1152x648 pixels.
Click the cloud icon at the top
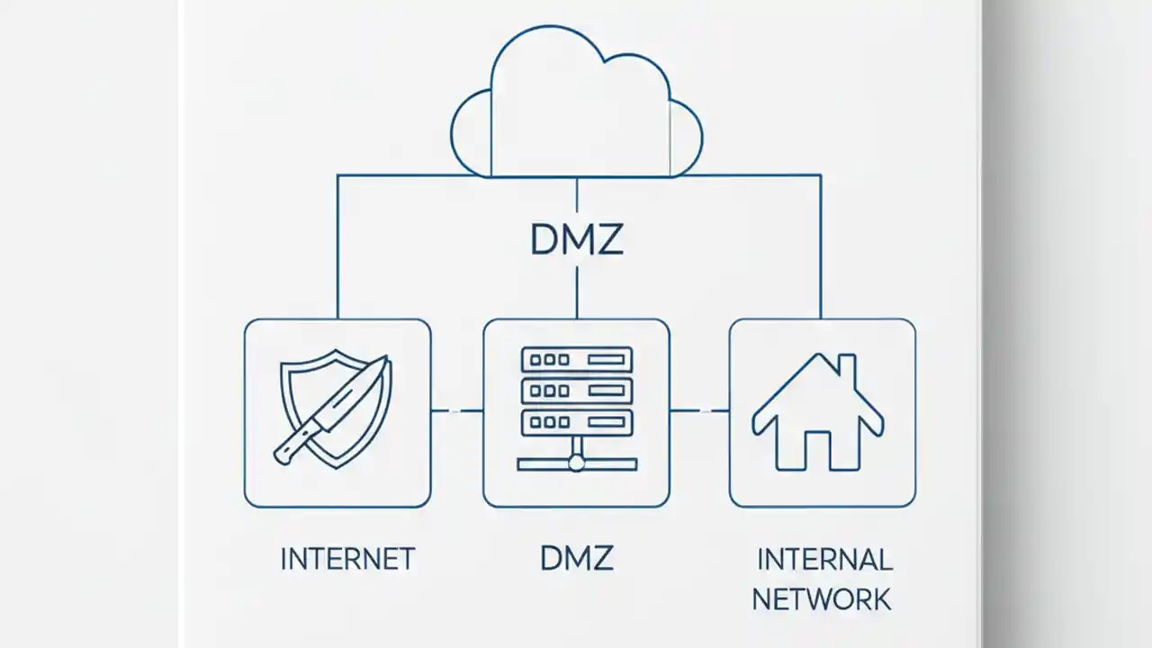tap(576, 103)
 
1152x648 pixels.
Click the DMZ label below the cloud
tap(576, 239)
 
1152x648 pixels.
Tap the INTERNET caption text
tap(347, 559)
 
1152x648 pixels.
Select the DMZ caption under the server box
tap(576, 559)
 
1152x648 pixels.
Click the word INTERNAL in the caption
tap(824, 559)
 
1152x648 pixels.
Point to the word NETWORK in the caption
tap(822, 598)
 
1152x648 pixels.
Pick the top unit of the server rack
tap(577, 359)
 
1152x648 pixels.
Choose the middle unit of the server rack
tap(577, 391)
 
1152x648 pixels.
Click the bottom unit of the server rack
tap(577, 422)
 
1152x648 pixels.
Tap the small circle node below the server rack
tap(577, 463)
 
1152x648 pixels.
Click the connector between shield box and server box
tap(457, 410)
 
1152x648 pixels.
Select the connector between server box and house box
tap(699, 410)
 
